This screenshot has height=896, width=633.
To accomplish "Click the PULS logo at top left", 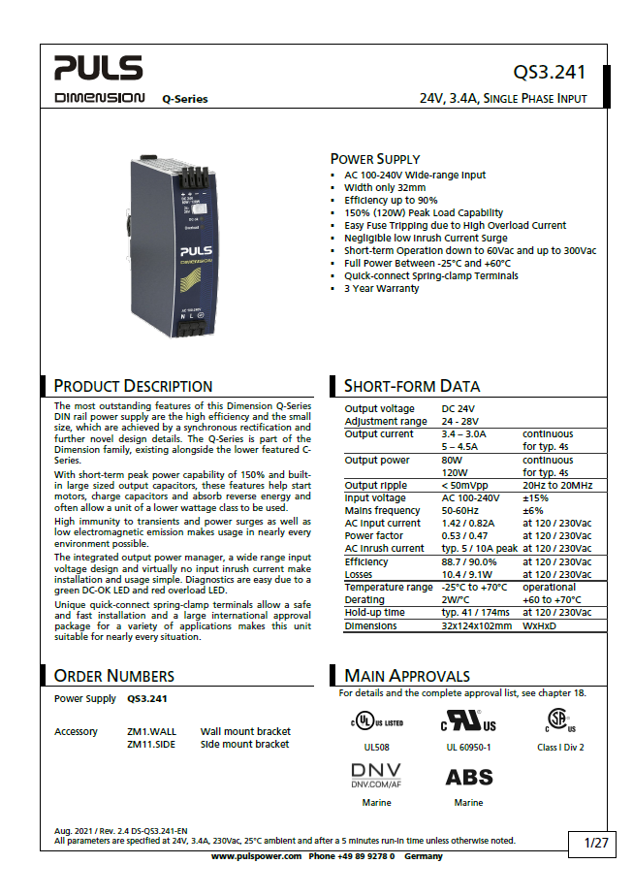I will point(98,68).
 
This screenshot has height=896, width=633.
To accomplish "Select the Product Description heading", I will point(133,386).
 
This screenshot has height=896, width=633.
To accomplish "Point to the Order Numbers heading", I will point(114,676).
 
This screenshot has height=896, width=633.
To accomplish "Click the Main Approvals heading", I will point(407,676).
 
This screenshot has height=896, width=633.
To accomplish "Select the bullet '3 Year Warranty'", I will point(382,288).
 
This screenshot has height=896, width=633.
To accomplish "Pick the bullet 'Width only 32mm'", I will point(385,187).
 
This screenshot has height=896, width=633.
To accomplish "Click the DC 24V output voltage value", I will point(458,408).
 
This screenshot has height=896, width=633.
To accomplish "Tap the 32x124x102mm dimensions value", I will point(477,625).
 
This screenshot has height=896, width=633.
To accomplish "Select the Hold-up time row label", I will point(376,613).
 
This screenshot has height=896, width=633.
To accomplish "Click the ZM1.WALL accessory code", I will point(152,731).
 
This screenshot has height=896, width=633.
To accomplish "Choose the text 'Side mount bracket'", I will point(245,744).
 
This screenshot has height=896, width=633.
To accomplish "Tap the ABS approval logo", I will point(469,777).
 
